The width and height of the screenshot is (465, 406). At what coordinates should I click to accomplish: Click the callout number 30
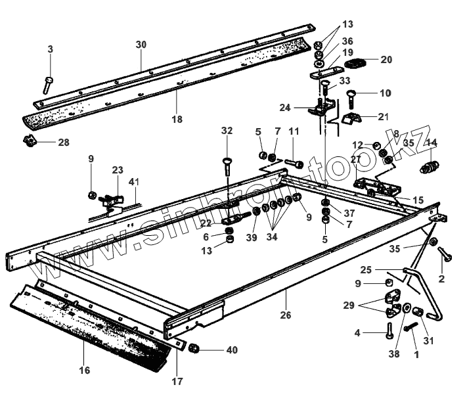141,44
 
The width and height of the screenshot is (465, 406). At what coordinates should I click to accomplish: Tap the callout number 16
84,371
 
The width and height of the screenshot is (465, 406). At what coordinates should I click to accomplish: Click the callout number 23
117,169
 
